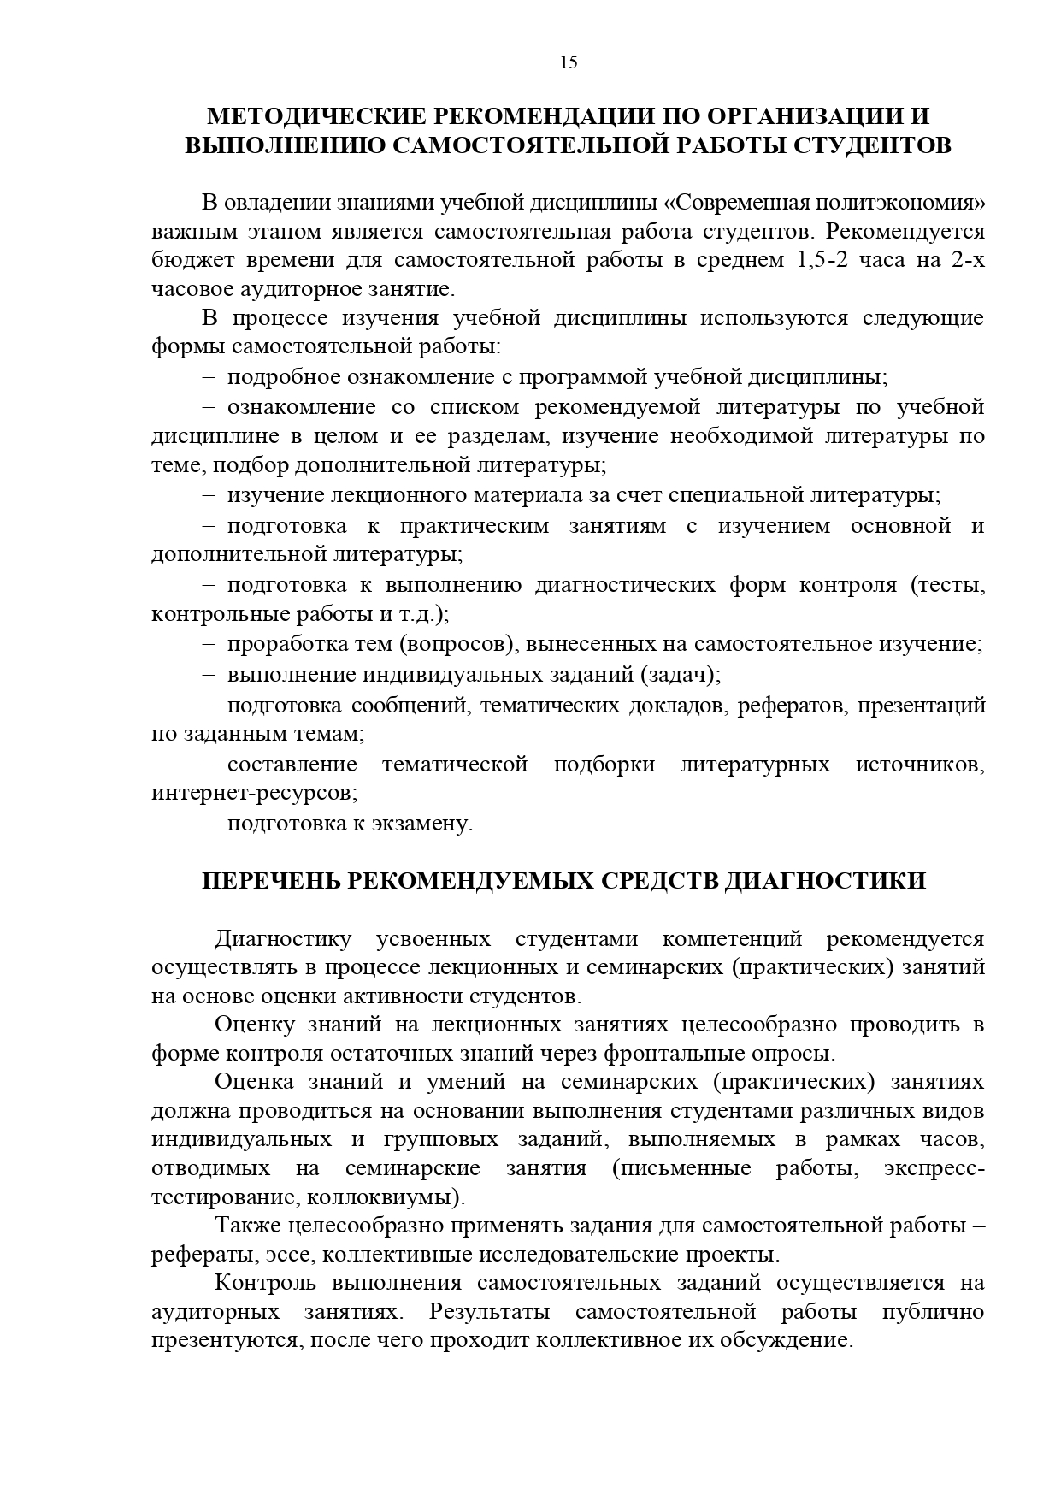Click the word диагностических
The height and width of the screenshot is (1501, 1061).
pyautogui.click(x=626, y=585)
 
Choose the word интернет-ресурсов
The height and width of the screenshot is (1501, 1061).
pyautogui.click(x=254, y=793)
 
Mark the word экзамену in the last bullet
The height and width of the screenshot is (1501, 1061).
pyautogui.click(x=421, y=824)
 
